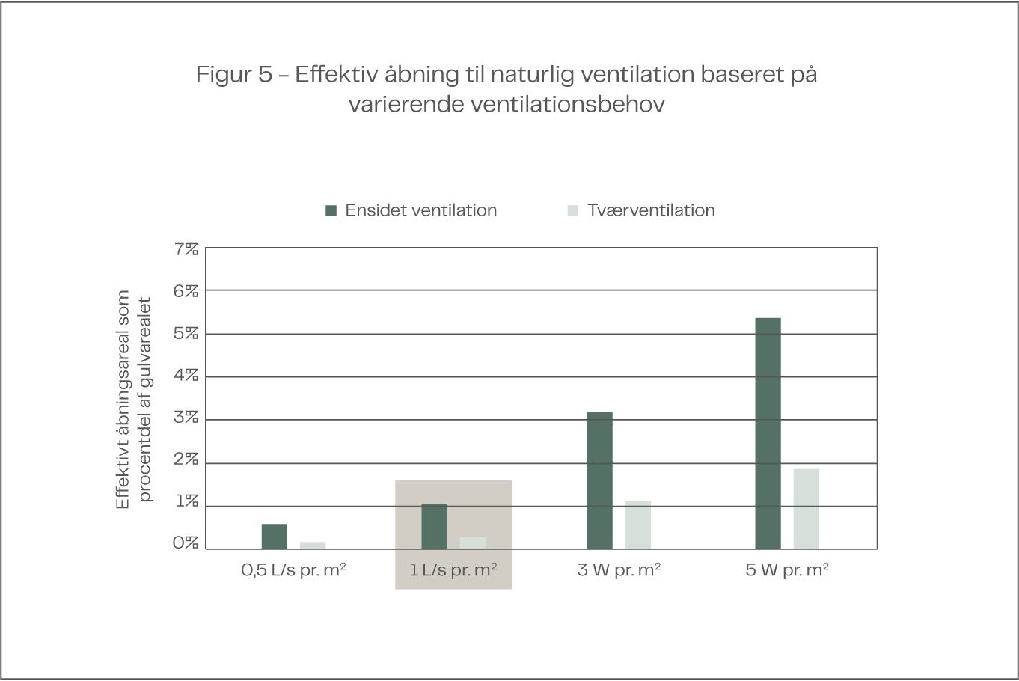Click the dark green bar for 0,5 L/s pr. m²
[274, 537]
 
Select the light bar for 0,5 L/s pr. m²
[313, 545]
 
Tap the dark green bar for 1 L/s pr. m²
[434, 527]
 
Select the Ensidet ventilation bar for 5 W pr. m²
[768, 433]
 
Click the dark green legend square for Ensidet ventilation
[331, 210]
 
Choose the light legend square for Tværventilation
[573, 210]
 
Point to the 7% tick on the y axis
[186, 248]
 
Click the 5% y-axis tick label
[186, 333]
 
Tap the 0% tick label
[186, 543]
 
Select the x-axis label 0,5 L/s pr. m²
[293, 570]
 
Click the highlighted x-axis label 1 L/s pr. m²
[453, 570]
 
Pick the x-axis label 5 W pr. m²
[787, 570]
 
